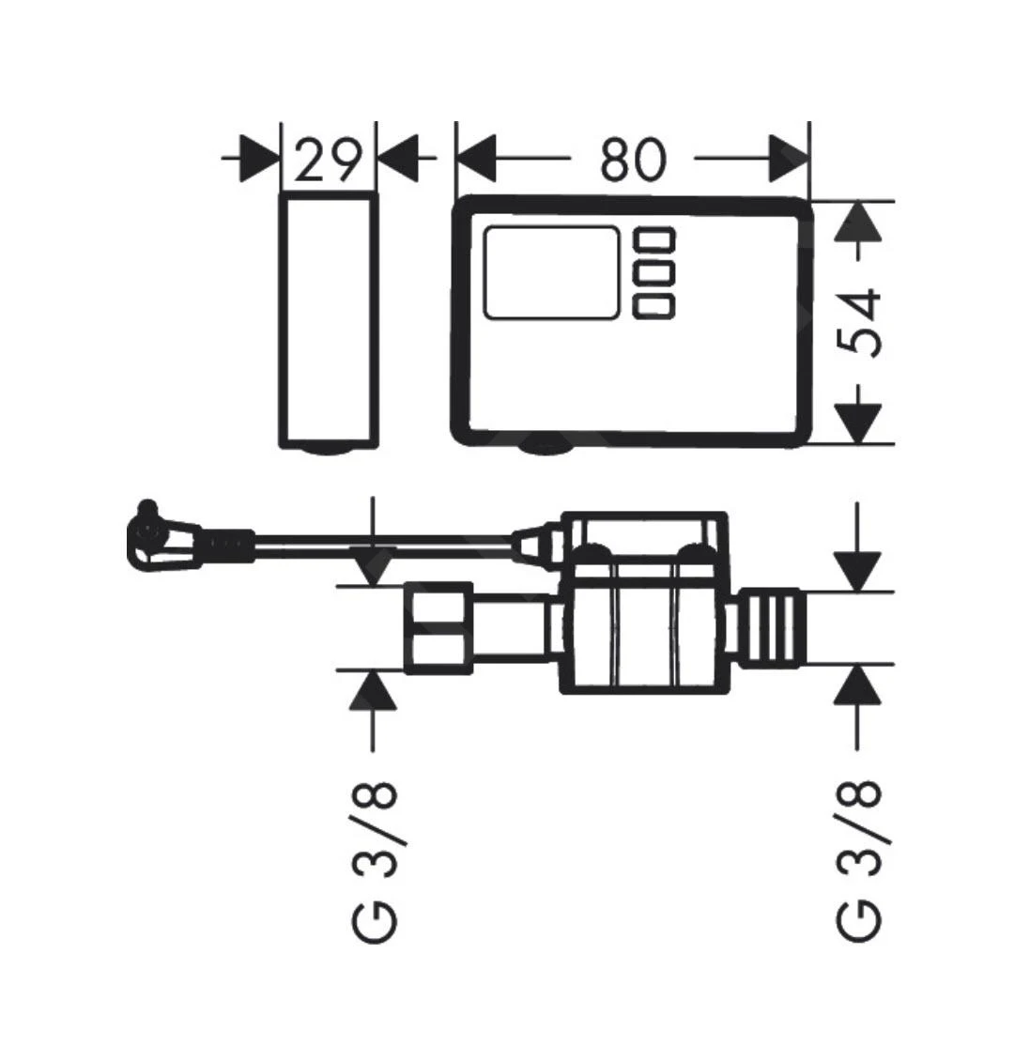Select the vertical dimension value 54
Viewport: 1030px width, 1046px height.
[860, 323]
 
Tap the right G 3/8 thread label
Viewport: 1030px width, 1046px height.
[860, 862]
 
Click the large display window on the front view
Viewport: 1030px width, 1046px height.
[551, 273]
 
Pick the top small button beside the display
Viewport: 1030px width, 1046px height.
[654, 238]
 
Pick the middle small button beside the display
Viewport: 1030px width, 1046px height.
[654, 272]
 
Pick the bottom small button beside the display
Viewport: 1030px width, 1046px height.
[654, 307]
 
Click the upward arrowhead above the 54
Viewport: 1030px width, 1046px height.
[860, 224]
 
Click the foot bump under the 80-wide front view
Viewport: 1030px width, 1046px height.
[544, 448]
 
